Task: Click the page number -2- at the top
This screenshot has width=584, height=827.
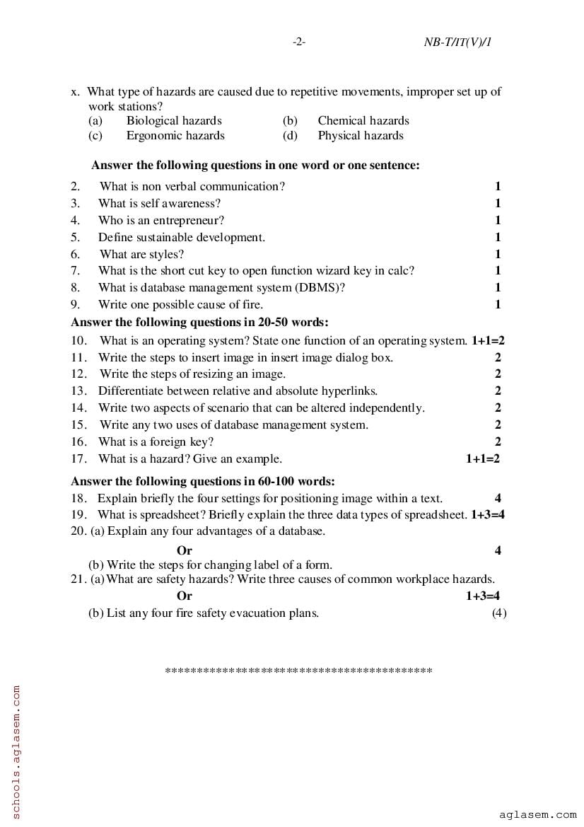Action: point(298,42)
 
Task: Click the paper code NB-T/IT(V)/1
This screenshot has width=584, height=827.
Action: point(457,42)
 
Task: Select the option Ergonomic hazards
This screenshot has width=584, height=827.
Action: point(175,136)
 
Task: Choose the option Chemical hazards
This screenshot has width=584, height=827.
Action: point(363,121)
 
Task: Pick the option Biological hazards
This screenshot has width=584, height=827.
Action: point(174,121)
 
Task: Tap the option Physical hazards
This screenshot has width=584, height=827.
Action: point(361,136)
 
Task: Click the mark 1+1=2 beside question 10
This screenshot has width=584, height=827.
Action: point(488,341)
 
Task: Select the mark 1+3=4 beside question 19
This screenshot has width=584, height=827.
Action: point(488,515)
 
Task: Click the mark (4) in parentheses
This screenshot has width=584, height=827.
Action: point(499,613)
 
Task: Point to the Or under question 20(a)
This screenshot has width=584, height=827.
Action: point(185,550)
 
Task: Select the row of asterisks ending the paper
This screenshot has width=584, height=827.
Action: point(298,670)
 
